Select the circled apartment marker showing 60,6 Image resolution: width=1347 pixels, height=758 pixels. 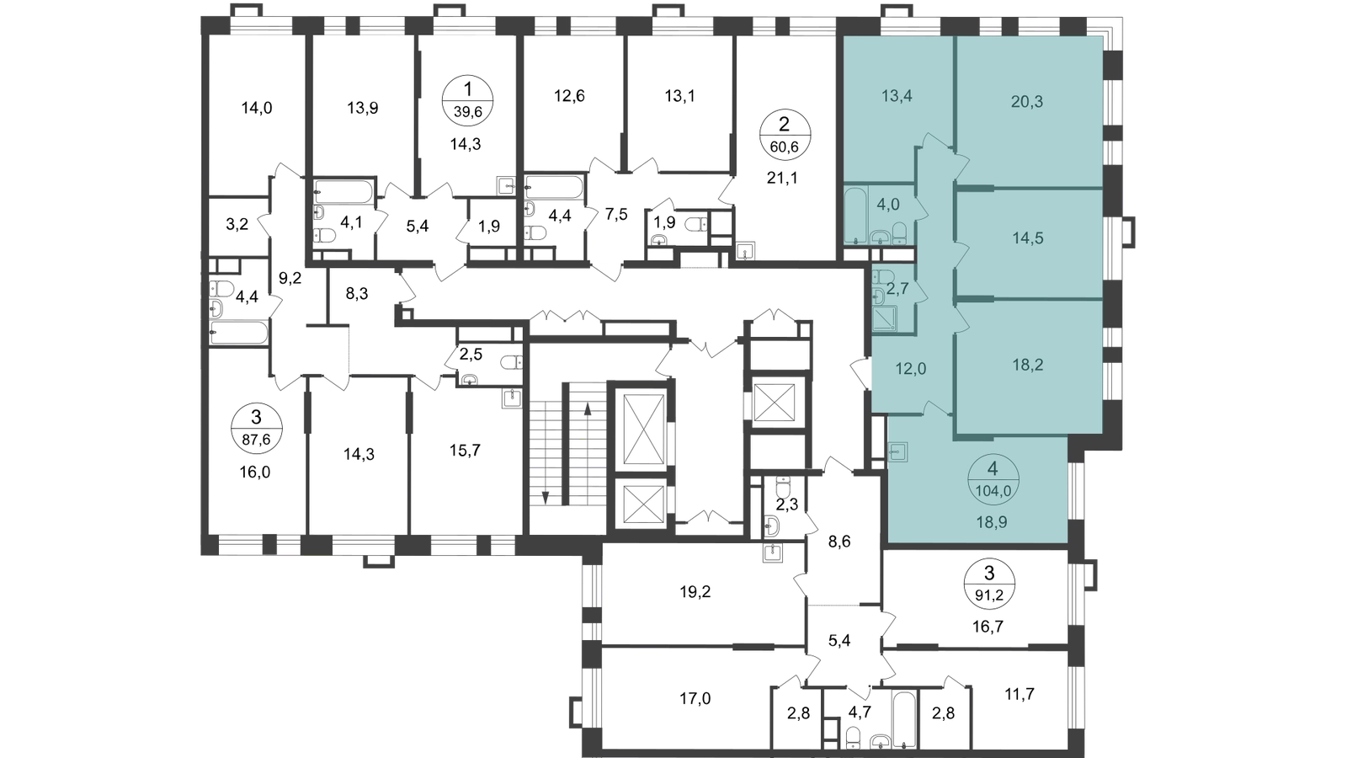pyautogui.click(x=785, y=136)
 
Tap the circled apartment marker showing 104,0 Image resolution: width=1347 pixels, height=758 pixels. pyautogui.click(x=993, y=479)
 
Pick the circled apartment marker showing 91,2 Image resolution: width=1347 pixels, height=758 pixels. pyautogui.click(x=989, y=585)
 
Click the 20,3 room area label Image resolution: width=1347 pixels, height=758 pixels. pyautogui.click(x=1026, y=102)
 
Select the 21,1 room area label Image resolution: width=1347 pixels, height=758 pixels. pyautogui.click(x=782, y=178)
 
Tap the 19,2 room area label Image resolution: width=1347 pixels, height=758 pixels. pyautogui.click(x=695, y=592)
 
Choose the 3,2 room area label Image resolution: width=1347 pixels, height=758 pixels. pyautogui.click(x=237, y=225)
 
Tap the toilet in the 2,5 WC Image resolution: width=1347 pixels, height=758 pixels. pyautogui.click(x=512, y=362)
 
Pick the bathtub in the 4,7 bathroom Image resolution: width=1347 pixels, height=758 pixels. pyautogui.click(x=904, y=721)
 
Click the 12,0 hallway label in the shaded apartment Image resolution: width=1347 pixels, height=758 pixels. pyautogui.click(x=910, y=369)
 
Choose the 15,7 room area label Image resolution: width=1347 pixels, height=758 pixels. pyautogui.click(x=465, y=450)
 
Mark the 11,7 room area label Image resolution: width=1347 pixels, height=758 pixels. pyautogui.click(x=1020, y=694)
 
